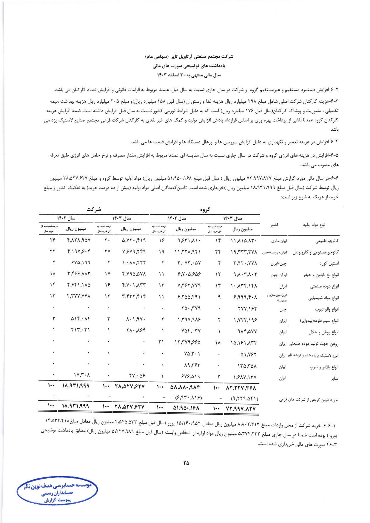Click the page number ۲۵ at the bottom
(186, 463)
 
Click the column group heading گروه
(205, 210)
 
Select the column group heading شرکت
(94, 210)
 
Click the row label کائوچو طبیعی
(327, 241)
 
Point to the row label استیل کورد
(329, 264)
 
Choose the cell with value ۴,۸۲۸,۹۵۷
(78, 240)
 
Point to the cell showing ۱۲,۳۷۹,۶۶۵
(187, 343)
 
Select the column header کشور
(275, 225)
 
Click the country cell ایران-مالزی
(279, 241)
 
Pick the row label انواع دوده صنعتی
(324, 287)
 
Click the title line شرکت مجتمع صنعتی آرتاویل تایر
(189, 57)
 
